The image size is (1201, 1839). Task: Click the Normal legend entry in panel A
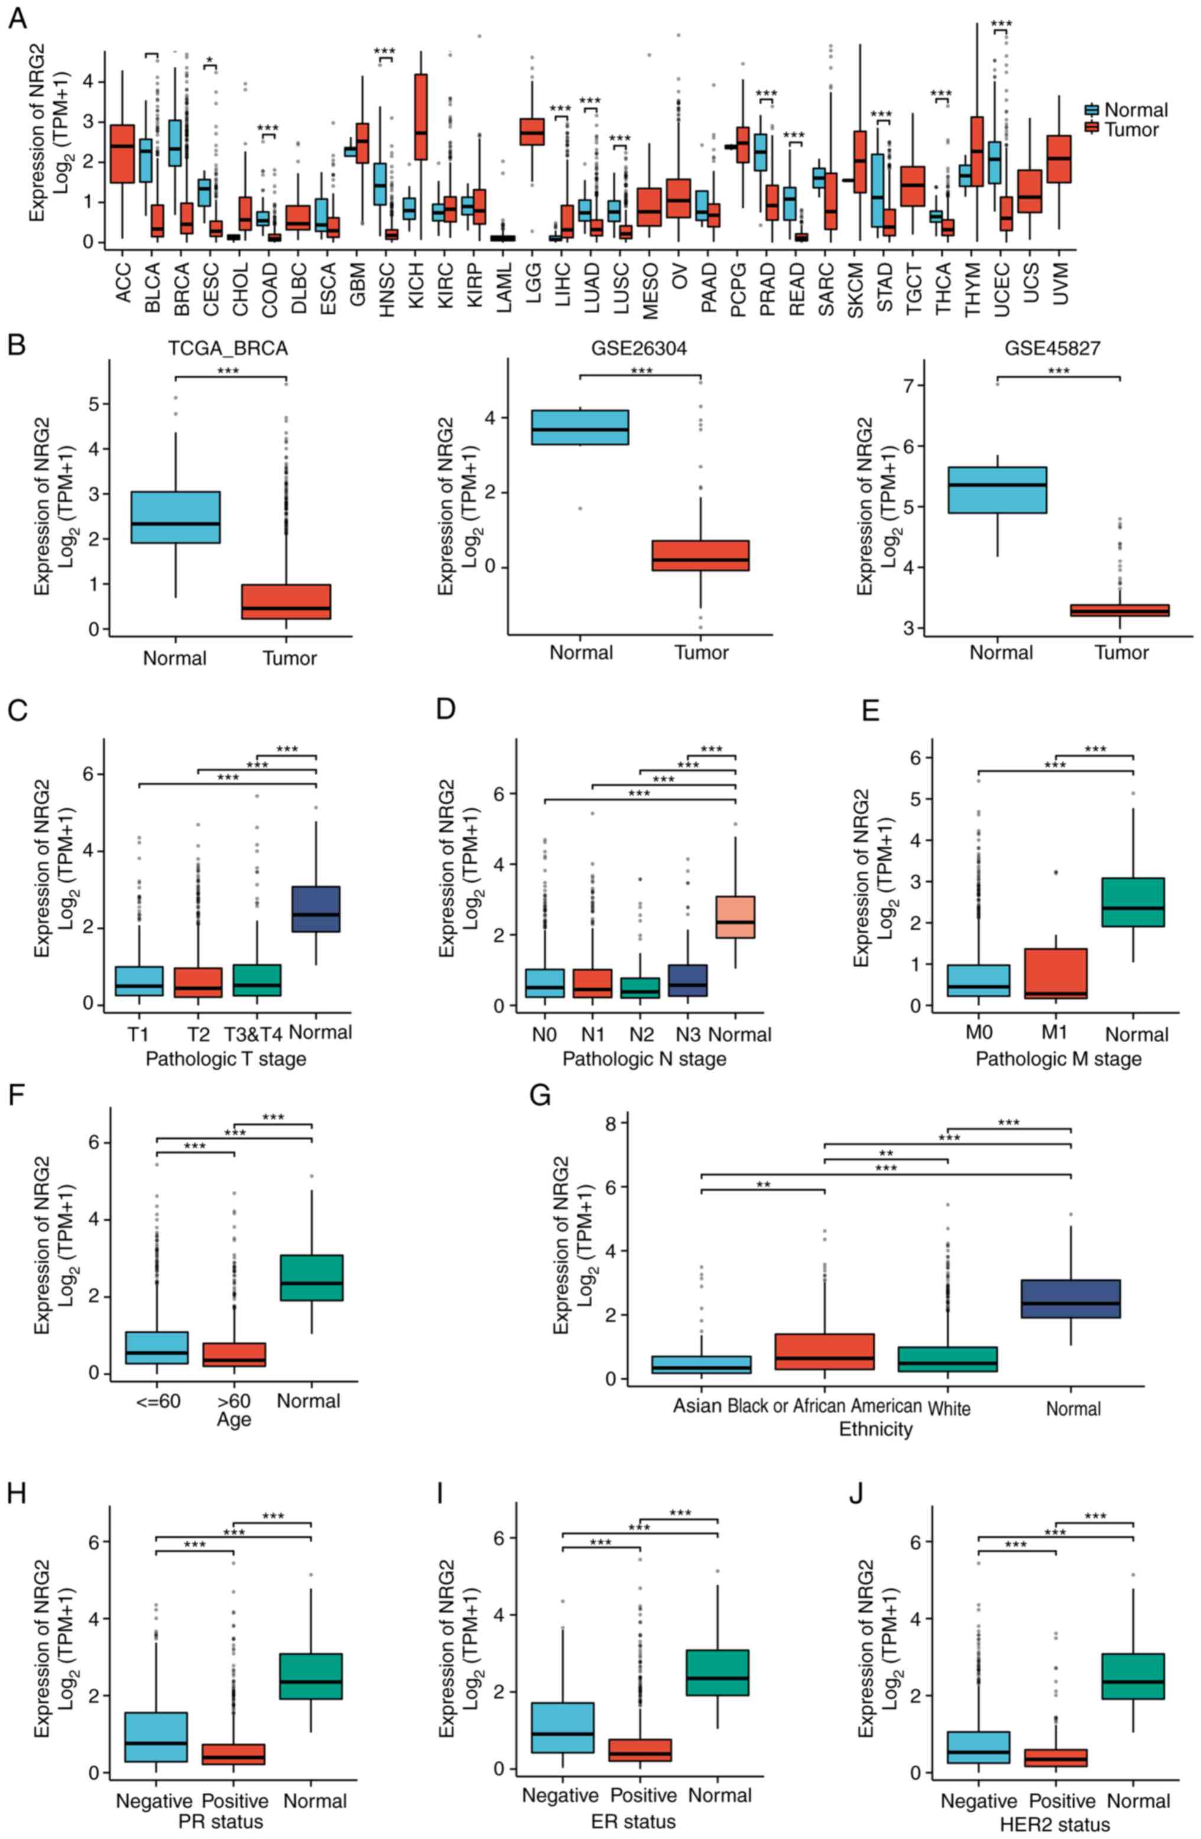pos(1135,110)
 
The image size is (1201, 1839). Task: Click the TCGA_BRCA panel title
pos(228,349)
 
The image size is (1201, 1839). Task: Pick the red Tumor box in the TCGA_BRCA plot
pos(286,601)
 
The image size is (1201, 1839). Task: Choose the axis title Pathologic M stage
pos(1058,1059)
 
